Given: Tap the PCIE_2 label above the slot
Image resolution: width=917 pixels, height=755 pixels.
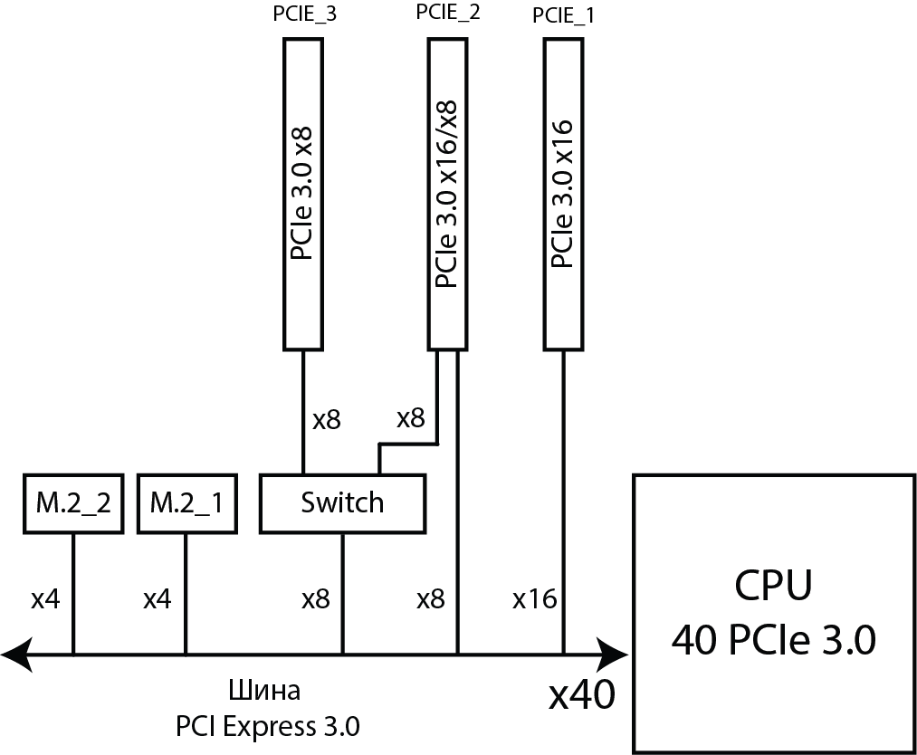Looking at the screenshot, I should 449,14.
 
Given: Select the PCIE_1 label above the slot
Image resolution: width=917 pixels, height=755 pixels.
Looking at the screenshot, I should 565,15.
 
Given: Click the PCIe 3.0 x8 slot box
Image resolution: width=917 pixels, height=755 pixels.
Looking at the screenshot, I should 303,195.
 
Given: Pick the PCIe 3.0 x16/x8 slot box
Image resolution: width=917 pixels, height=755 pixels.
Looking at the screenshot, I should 448,195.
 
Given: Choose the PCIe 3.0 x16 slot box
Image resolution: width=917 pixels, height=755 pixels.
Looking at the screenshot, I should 564,195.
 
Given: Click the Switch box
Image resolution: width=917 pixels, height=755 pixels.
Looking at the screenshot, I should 342,502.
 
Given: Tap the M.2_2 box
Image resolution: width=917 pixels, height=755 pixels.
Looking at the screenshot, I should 73,502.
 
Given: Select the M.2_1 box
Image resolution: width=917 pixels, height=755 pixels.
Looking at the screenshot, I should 186,502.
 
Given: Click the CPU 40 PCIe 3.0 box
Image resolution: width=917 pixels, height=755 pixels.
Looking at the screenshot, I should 773,613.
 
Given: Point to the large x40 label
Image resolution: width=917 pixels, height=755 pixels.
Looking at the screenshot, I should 582,694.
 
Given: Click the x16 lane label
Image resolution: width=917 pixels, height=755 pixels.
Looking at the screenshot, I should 534,598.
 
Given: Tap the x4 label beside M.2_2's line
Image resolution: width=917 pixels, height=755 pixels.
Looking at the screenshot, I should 45,598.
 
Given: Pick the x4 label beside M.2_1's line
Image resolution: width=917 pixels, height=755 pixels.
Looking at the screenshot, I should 158,598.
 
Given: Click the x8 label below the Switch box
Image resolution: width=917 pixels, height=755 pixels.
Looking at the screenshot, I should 315,598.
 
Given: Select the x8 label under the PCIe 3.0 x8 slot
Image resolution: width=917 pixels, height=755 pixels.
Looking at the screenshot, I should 326,419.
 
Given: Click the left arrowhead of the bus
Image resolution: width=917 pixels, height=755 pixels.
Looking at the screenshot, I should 16,653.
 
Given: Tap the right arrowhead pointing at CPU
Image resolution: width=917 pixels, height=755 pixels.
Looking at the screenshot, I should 616,653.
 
